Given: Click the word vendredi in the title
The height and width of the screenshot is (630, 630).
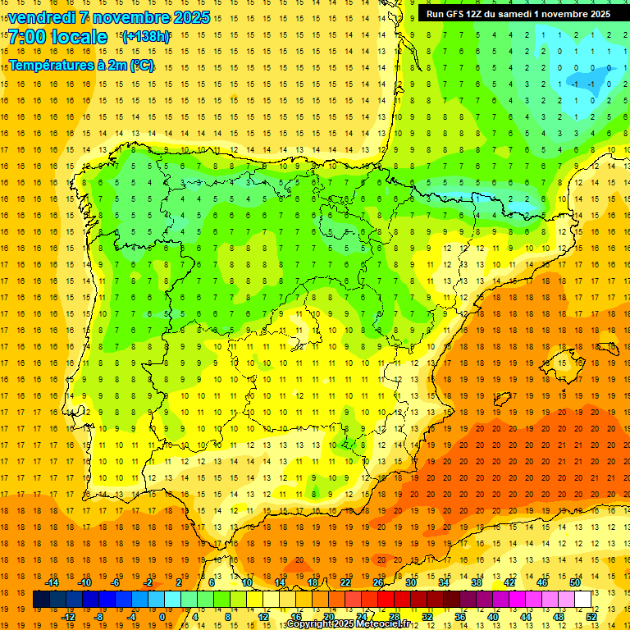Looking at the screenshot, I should pyautogui.click(x=42, y=17).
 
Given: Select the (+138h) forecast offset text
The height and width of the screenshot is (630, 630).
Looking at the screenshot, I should pyautogui.click(x=146, y=36).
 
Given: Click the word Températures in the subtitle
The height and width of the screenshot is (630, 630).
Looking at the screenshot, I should pyautogui.click(x=51, y=66).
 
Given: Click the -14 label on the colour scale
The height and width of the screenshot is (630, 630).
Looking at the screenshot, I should pyautogui.click(x=52, y=582).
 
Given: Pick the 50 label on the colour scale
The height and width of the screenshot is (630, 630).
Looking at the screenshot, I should pyautogui.click(x=575, y=582).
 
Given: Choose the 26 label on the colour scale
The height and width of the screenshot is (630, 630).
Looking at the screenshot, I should pyautogui.click(x=378, y=582).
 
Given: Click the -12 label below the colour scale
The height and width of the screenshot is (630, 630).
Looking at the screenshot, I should pyautogui.click(x=68, y=617).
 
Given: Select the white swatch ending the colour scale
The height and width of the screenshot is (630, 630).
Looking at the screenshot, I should pyautogui.click(x=583, y=600).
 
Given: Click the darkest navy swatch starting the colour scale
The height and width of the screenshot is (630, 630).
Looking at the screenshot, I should pyautogui.click(x=41, y=600).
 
